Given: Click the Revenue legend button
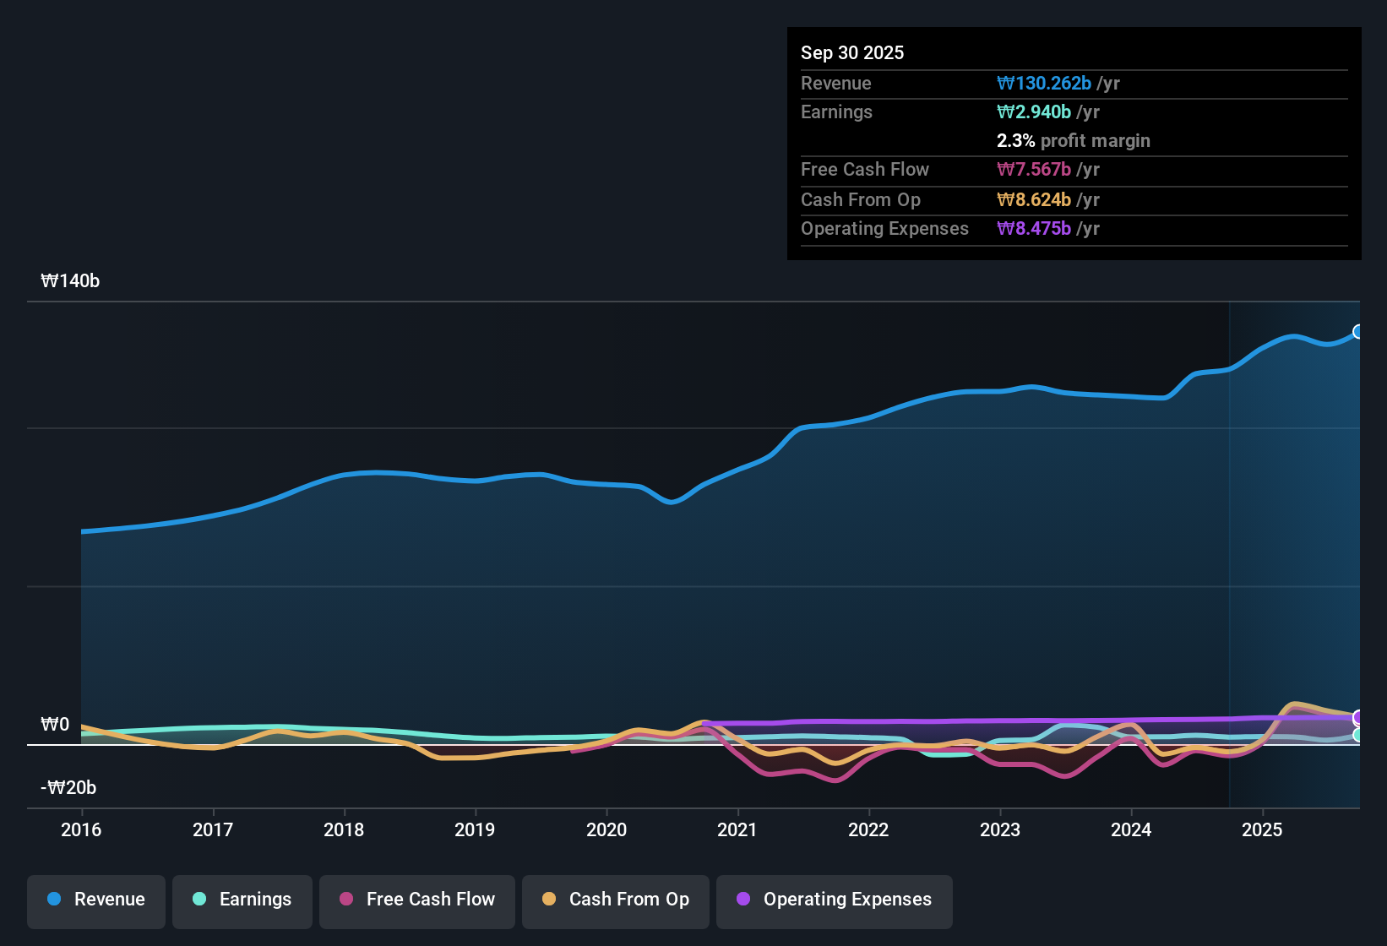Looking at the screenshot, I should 96,900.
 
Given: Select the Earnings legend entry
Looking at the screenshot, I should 242,900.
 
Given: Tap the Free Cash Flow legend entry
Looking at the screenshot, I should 417,900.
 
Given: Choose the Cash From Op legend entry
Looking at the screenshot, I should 616,900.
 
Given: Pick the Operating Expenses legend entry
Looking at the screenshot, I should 835,900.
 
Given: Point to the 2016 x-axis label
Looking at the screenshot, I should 81,829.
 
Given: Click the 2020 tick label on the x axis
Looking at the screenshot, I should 606,829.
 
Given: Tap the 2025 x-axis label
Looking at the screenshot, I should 1262,829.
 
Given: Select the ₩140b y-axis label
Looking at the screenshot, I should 70,281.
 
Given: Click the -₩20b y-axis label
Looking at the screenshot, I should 68,788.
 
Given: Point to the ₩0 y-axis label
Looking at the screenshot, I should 55,725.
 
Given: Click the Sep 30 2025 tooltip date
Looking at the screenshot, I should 851,52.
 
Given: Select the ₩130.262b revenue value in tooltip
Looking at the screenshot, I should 1044,83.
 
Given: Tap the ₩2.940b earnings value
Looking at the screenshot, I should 1034,112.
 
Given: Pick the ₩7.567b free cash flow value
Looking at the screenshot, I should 1034,170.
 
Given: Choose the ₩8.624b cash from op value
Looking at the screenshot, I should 1034,200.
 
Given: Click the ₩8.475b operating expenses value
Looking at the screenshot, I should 1034,229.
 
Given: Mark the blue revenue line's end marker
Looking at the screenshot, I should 1357,332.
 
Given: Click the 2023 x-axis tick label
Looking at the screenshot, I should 1000,829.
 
